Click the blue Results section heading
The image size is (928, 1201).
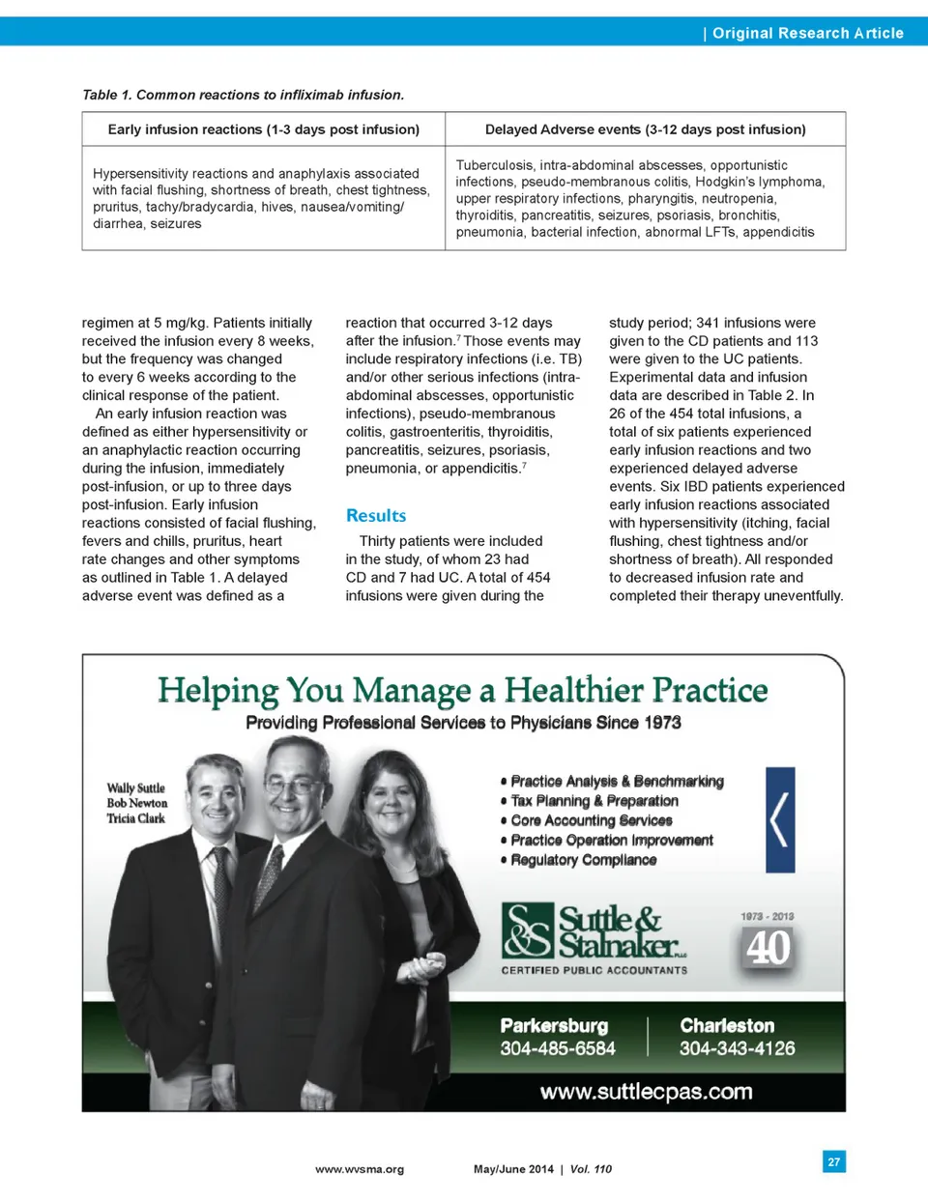click(x=376, y=516)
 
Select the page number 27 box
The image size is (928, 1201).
click(x=833, y=1161)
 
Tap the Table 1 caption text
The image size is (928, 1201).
click(x=243, y=95)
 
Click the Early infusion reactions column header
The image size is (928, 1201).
click(x=263, y=129)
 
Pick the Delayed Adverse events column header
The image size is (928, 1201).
click(x=645, y=129)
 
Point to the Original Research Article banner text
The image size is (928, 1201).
click(x=807, y=33)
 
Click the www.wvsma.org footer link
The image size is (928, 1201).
click(x=360, y=1169)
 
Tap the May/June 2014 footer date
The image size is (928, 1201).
click(x=513, y=1169)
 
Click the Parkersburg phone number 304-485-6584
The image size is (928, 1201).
click(x=558, y=1048)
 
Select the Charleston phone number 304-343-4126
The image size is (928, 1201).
click(x=737, y=1048)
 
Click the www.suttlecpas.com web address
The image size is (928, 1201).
click(x=646, y=1092)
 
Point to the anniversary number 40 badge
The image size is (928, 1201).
click(x=768, y=947)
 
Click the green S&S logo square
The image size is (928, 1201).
click(x=528, y=929)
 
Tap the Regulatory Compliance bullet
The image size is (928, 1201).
click(x=583, y=860)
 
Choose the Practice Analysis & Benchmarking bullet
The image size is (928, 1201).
click(x=617, y=781)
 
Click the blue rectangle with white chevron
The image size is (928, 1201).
click(x=780, y=820)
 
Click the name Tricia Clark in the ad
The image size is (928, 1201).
click(x=136, y=818)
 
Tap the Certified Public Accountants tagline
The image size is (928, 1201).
click(x=594, y=970)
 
